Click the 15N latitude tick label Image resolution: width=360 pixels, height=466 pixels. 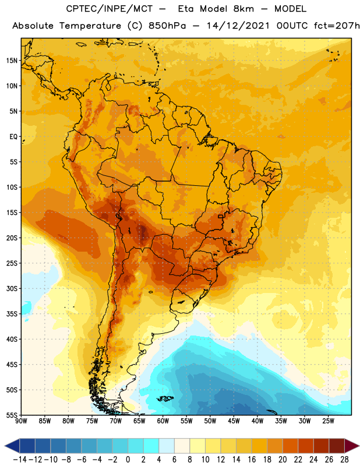click(x=12, y=61)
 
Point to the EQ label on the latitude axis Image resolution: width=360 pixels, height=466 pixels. click(x=13, y=137)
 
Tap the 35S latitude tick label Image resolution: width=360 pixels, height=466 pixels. click(x=12, y=314)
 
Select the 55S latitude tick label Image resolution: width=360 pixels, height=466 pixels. click(x=12, y=415)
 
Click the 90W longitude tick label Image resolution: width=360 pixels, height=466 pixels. click(x=21, y=421)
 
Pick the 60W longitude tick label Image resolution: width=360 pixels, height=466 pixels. click(x=163, y=421)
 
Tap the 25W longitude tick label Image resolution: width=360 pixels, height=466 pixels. click(x=329, y=421)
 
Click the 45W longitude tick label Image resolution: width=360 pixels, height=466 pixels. click(x=234, y=421)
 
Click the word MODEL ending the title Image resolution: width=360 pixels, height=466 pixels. click(x=290, y=9)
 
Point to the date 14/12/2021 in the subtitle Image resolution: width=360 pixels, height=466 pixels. click(x=238, y=26)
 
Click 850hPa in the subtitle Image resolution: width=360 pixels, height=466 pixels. click(x=167, y=26)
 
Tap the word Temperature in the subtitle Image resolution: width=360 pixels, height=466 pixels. click(x=90, y=26)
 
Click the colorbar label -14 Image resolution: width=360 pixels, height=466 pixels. click(x=20, y=460)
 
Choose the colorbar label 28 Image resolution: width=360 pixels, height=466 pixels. click(x=344, y=460)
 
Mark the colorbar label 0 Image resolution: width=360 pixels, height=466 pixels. click(x=128, y=460)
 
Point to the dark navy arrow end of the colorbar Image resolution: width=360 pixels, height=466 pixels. click(x=12, y=446)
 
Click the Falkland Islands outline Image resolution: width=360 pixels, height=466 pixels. click(x=165, y=398)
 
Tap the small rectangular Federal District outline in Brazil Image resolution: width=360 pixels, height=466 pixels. click(x=220, y=216)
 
